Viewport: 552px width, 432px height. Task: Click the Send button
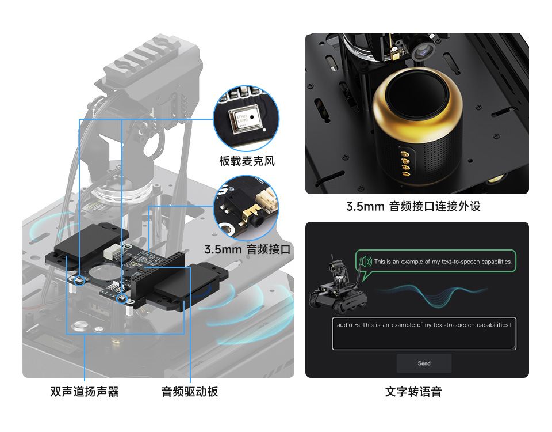click(424, 363)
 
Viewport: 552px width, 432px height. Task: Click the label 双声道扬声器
click(85, 392)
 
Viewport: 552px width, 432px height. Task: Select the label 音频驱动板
click(190, 392)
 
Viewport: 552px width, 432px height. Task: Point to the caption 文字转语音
click(413, 392)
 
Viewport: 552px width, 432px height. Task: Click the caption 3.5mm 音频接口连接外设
click(413, 206)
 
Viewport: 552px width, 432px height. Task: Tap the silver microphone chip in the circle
click(243, 119)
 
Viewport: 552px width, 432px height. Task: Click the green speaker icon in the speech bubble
click(365, 262)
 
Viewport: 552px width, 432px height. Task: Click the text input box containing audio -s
click(424, 334)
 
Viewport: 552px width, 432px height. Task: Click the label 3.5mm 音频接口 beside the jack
click(247, 250)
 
